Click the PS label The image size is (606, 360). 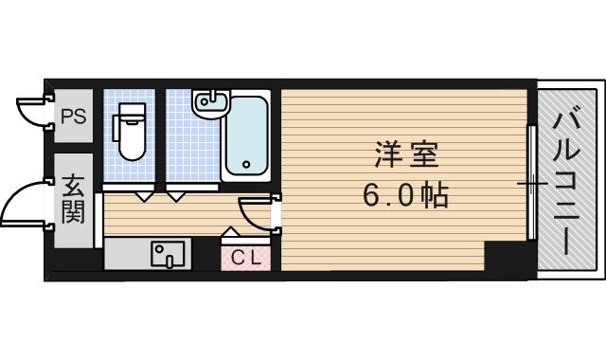point(73,117)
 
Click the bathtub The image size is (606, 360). point(247,139)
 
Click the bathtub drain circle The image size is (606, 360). point(246,164)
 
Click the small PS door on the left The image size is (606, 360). point(34,108)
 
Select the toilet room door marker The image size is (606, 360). point(144,196)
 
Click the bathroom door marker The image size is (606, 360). point(177,196)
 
